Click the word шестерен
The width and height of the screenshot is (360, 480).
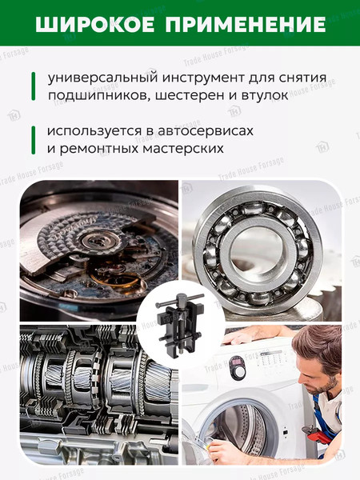186,96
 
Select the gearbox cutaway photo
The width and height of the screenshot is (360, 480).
88,392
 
